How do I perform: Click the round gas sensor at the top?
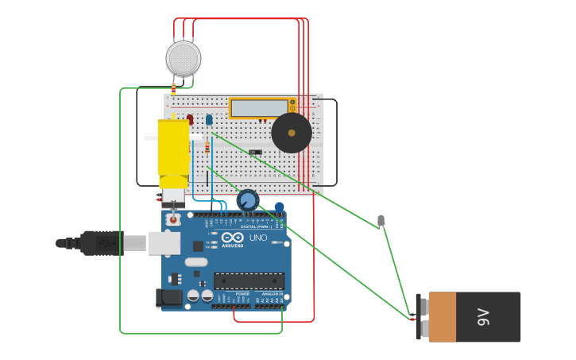click(x=184, y=59)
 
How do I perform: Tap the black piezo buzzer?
click(x=292, y=133)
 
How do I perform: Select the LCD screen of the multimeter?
click(x=258, y=108)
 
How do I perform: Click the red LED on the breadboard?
click(x=190, y=119)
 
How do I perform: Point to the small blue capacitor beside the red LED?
click(x=209, y=119)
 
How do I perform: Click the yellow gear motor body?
click(x=173, y=148)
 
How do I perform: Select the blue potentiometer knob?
click(x=248, y=199)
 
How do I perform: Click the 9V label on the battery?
click(x=483, y=317)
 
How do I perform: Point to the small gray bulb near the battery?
click(x=381, y=220)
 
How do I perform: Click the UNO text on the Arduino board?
click(x=258, y=238)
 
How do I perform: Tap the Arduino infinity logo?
click(x=233, y=238)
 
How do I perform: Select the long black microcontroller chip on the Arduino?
click(x=249, y=281)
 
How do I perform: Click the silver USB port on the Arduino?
click(x=164, y=243)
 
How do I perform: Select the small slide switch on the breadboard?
click(x=254, y=152)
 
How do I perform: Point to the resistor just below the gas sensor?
click(x=173, y=91)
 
